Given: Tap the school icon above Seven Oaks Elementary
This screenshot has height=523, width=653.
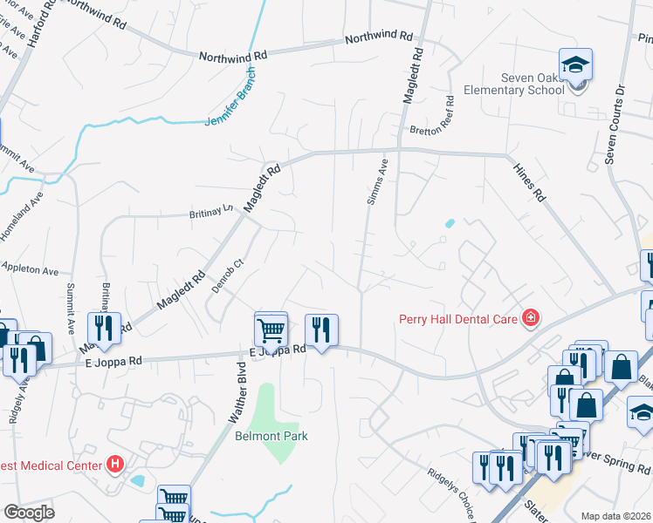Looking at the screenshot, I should point(576,65).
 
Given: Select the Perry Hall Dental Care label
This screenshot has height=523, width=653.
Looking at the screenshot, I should point(458,318).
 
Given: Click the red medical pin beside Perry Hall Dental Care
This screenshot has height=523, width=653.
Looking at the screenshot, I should point(529,318).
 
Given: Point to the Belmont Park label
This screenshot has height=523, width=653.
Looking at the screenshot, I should point(272,436).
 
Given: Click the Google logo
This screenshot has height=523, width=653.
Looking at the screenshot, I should point(29,513).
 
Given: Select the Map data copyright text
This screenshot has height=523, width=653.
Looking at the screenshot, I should point(616,516).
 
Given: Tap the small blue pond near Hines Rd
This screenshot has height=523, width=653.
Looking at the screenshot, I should point(449,223).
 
